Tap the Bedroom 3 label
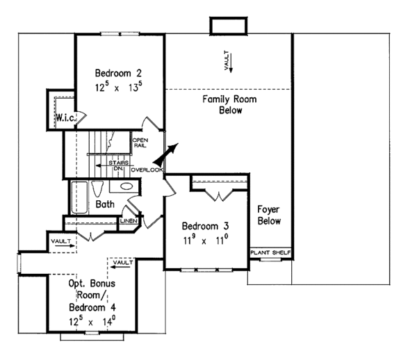(x=205, y=227)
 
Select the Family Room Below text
(x=230, y=105)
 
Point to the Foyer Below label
(x=269, y=215)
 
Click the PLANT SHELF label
(x=270, y=253)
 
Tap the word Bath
(x=105, y=204)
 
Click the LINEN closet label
(x=127, y=221)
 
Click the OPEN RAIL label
(x=140, y=143)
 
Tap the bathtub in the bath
(x=79, y=196)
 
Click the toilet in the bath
(x=99, y=189)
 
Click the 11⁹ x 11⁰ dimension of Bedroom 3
(x=205, y=240)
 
